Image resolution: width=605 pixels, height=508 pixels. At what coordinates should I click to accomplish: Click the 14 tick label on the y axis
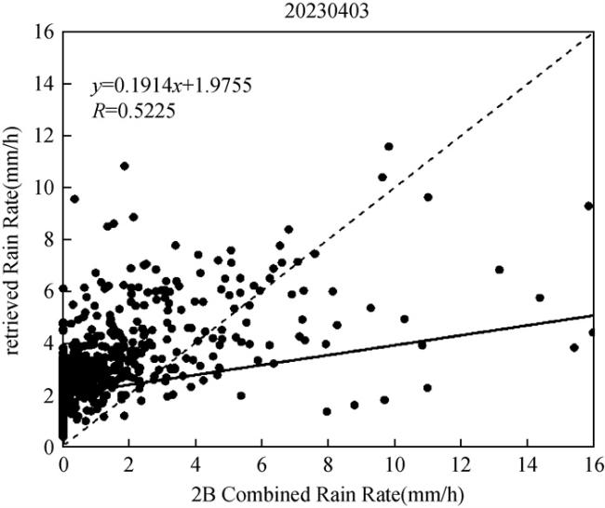click(44, 85)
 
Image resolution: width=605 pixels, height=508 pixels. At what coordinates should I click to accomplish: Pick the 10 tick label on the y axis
click(44, 188)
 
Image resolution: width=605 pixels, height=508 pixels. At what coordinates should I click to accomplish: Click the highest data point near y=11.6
click(388, 147)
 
